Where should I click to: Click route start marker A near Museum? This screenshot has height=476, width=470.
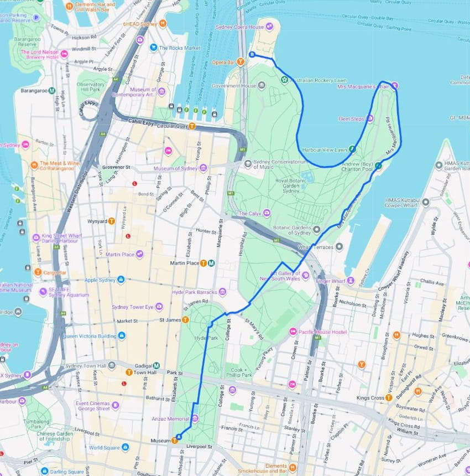178,437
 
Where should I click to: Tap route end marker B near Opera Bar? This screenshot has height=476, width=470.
252,54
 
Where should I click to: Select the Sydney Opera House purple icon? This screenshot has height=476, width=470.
269,25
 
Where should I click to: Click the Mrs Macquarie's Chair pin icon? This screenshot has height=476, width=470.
395,86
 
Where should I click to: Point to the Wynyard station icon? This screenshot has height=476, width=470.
112,221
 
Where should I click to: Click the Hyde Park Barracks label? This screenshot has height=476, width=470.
195,292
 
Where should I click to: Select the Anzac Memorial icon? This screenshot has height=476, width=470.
195,418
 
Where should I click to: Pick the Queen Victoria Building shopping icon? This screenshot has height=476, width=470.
122,335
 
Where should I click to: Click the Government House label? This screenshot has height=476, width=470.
234,86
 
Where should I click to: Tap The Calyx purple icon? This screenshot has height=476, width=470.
267,213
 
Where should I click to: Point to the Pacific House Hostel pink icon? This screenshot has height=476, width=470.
293,331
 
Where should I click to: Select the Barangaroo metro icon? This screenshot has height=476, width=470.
51,90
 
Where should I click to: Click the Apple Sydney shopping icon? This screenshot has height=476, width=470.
121,280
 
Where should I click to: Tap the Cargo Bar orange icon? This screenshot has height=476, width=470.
38,272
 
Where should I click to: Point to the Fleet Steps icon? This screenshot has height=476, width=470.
370,118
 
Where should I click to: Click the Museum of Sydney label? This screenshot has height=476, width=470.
175,168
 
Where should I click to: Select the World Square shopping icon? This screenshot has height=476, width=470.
125,447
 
